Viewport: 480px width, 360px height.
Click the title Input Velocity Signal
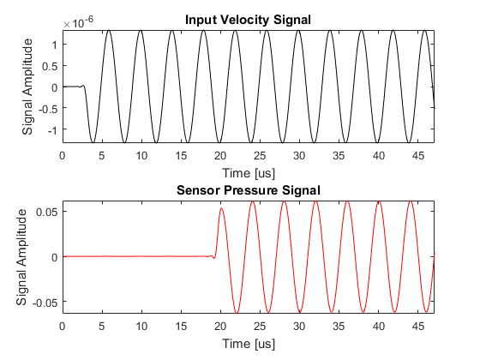tap(248, 20)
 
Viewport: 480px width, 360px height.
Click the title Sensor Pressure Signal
tap(249, 190)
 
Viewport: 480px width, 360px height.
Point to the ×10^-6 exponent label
tap(78, 22)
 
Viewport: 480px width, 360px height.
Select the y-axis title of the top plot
tap(27, 87)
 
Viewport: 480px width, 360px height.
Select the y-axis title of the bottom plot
tap(21, 257)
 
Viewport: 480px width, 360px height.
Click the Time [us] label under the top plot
tap(249, 173)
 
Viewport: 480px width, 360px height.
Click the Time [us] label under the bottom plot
tap(249, 344)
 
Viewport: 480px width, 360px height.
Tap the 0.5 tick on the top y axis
tap(50, 67)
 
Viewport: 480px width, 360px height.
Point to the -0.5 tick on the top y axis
tap(48, 109)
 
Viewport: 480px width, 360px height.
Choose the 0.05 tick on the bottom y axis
tap(47, 212)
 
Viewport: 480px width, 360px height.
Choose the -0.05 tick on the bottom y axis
tap(45, 303)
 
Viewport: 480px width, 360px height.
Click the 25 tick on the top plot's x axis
tap(260, 156)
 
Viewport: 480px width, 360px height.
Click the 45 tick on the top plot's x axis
tap(418, 156)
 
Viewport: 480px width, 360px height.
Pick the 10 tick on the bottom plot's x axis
tap(141, 327)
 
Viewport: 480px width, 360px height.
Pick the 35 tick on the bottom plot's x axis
tap(339, 327)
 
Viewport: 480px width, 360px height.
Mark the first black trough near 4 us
tap(93, 142)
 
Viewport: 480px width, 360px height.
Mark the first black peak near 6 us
tap(109, 31)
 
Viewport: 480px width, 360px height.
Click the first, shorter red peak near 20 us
tap(221, 208)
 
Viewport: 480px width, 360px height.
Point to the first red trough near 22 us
tap(237, 313)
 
